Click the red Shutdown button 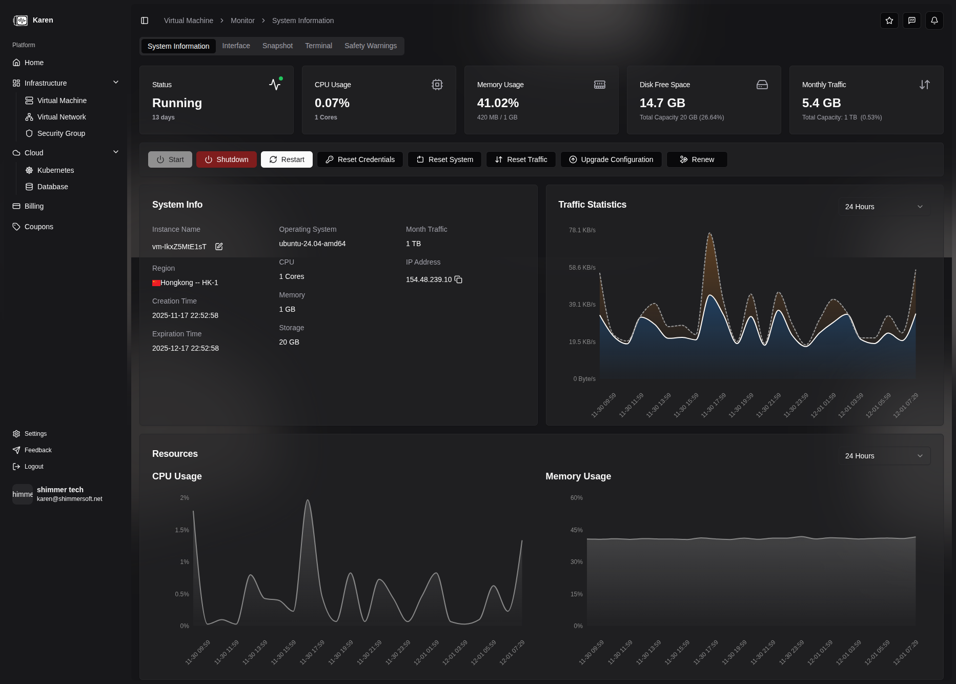pyautogui.click(x=226, y=159)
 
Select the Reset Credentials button pyautogui.click(x=360, y=159)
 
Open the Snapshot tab pyautogui.click(x=277, y=46)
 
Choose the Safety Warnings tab pyautogui.click(x=370, y=46)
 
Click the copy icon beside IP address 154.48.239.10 pyautogui.click(x=458, y=279)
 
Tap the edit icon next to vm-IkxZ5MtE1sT pyautogui.click(x=219, y=247)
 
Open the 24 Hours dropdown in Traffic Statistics pyautogui.click(x=884, y=207)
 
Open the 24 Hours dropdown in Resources pyautogui.click(x=884, y=456)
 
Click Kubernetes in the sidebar pyautogui.click(x=55, y=170)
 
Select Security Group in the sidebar pyautogui.click(x=61, y=133)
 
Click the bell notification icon pyautogui.click(x=934, y=21)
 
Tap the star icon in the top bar pyautogui.click(x=889, y=21)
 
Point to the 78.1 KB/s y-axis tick pyautogui.click(x=582, y=230)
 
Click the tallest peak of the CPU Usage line pyautogui.click(x=308, y=500)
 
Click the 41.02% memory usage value pyautogui.click(x=498, y=103)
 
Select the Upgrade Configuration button pyautogui.click(x=611, y=159)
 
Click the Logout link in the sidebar pyautogui.click(x=34, y=467)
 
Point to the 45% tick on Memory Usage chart pyautogui.click(x=576, y=530)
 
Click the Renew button pyautogui.click(x=697, y=159)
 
